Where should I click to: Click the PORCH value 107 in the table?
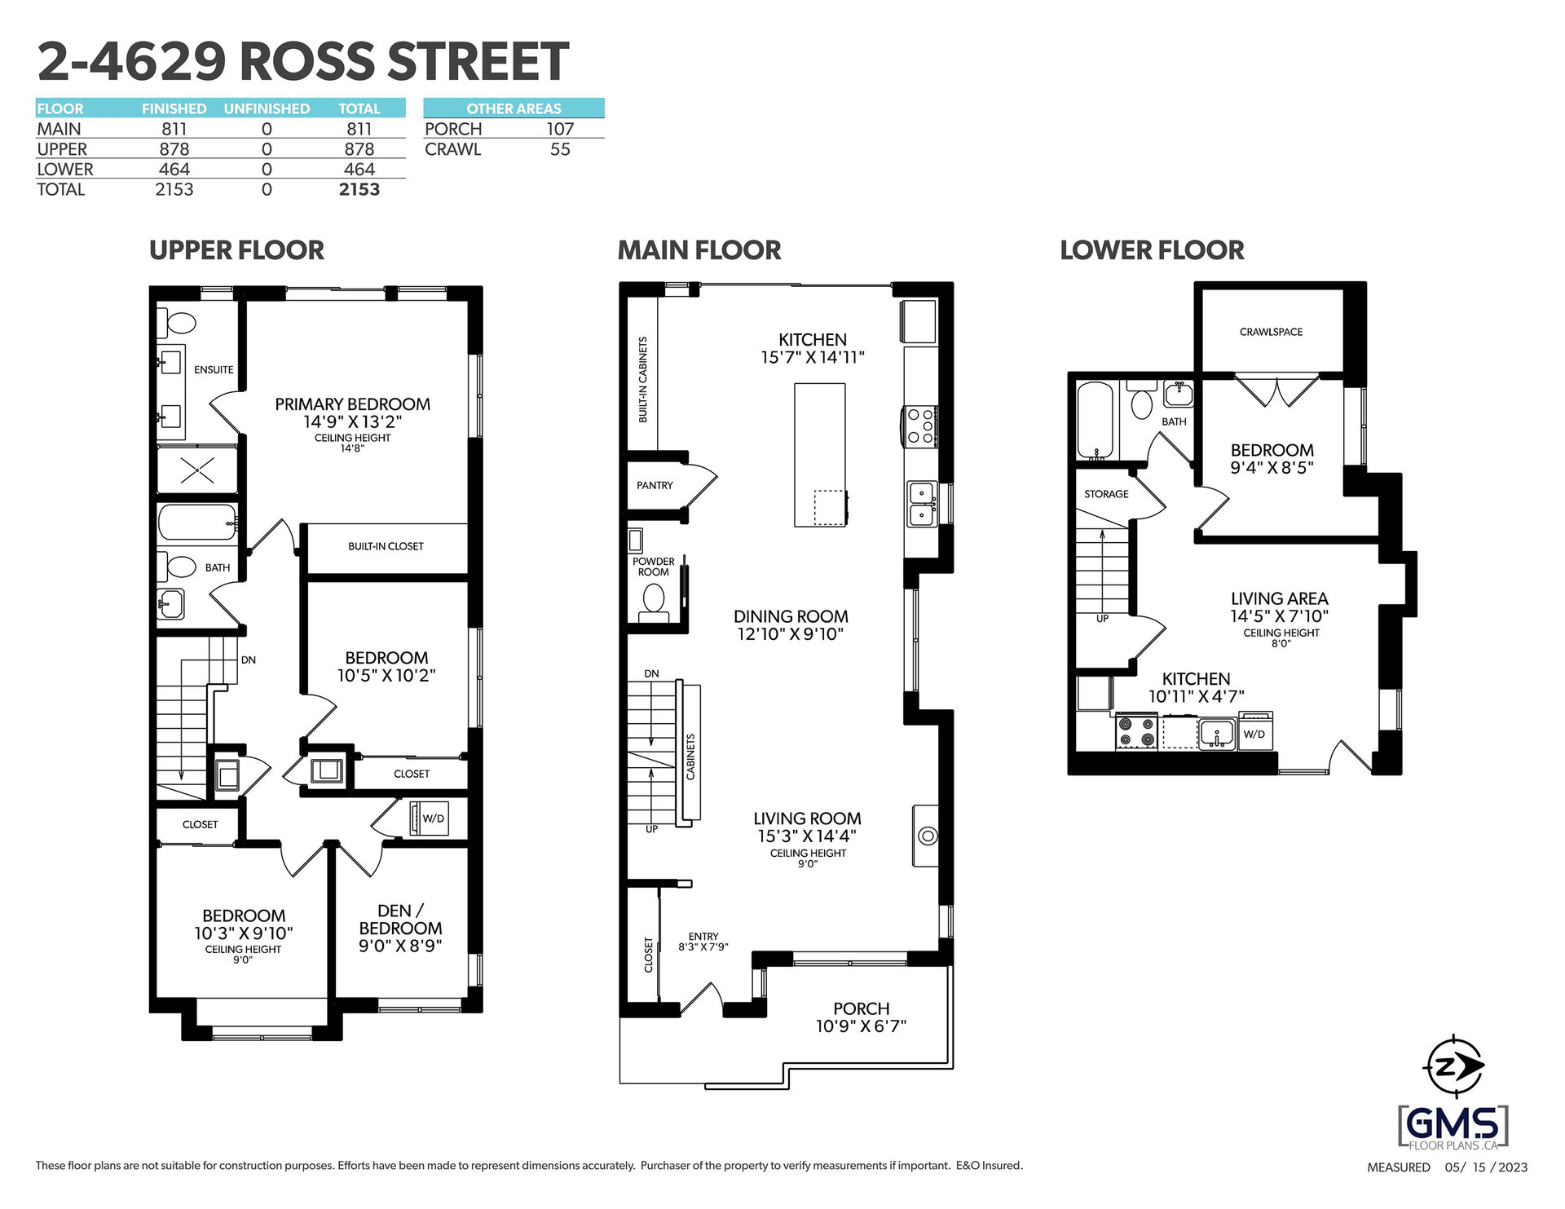[560, 129]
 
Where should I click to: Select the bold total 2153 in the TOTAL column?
[359, 189]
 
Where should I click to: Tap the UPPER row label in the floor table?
[62, 149]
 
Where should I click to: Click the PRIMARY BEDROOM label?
[352, 404]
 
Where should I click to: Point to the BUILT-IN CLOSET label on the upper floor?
[386, 546]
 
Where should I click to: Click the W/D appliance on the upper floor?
[429, 818]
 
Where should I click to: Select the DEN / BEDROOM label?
[400, 920]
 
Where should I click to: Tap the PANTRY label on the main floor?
[655, 485]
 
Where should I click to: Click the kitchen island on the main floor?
[820, 455]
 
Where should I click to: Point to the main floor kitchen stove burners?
[920, 426]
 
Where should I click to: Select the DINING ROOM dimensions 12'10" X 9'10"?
[790, 634]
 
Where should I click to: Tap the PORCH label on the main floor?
[861, 1008]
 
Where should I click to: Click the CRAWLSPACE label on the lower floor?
[1271, 332]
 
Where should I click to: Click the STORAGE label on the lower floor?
[1106, 494]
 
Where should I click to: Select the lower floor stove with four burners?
[1136, 731]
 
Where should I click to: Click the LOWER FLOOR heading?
[1152, 250]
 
